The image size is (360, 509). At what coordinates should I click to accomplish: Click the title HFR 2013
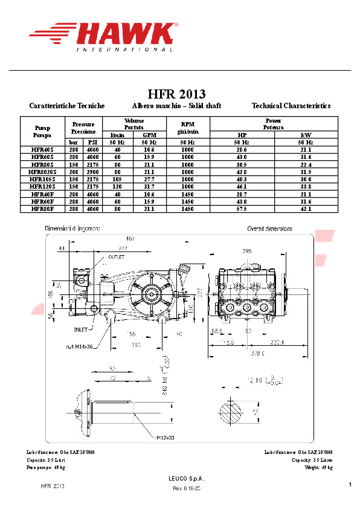176,94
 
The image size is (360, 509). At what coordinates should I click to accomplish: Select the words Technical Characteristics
291,106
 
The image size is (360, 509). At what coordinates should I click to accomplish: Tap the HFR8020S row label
42,172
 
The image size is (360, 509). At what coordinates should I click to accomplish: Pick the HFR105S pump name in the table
42,179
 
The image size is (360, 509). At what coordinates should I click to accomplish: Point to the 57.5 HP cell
242,209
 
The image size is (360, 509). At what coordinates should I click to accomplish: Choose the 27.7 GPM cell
149,179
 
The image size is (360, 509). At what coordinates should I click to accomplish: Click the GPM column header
149,135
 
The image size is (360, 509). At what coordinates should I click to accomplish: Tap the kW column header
306,135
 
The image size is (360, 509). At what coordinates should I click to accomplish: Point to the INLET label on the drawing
80,329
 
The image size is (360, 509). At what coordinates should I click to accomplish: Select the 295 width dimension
246,250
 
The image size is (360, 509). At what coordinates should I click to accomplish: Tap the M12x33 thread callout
167,437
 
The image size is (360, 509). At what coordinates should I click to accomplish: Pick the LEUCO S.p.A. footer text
187,479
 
